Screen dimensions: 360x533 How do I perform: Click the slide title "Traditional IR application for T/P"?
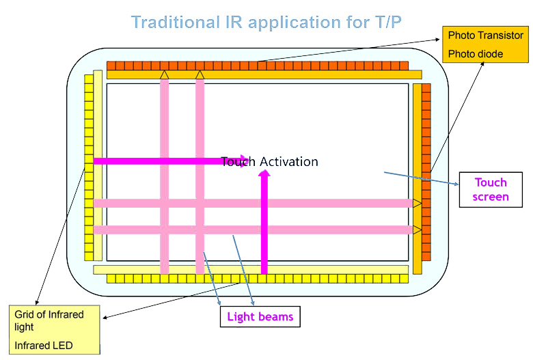click(266, 22)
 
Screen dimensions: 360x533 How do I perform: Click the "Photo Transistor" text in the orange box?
click(485, 35)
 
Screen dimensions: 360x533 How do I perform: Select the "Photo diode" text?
click(475, 54)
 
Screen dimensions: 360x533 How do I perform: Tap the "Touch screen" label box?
click(491, 189)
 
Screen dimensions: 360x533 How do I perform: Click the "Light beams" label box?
click(260, 316)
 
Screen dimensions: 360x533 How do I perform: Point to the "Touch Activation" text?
click(269, 162)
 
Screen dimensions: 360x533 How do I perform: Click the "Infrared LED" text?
click(44, 345)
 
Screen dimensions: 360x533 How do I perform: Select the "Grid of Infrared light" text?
click(49, 320)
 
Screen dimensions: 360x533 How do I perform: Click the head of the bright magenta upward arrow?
click(264, 174)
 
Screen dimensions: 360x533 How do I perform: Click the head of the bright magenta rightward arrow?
click(243, 161)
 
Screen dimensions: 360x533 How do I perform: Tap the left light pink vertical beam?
click(165, 178)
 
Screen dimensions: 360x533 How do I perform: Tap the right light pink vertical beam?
click(200, 178)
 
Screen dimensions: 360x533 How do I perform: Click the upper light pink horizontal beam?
click(253, 203)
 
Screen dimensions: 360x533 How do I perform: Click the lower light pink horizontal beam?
click(253, 230)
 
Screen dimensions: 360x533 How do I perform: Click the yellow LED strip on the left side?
click(88, 167)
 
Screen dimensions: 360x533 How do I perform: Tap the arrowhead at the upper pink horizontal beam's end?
click(417, 203)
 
